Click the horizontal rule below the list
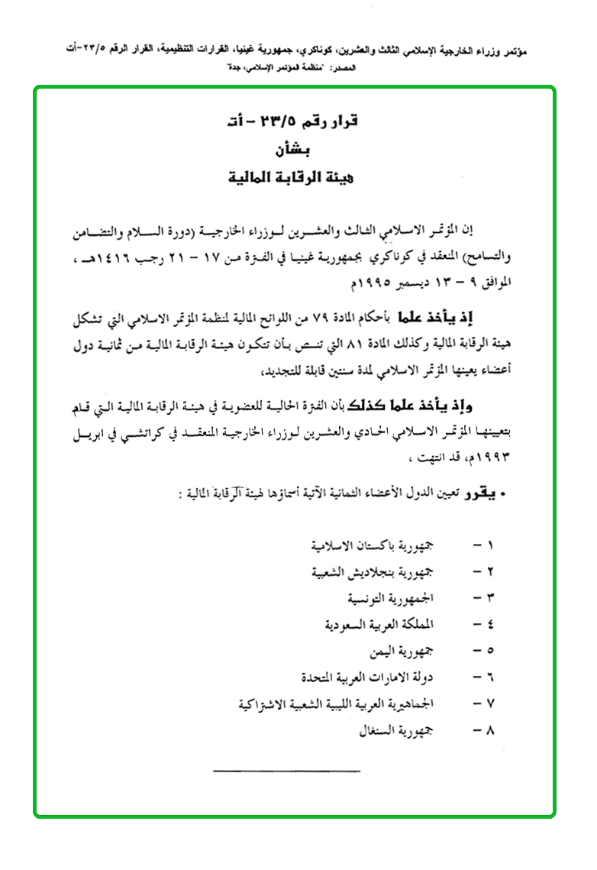286,771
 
